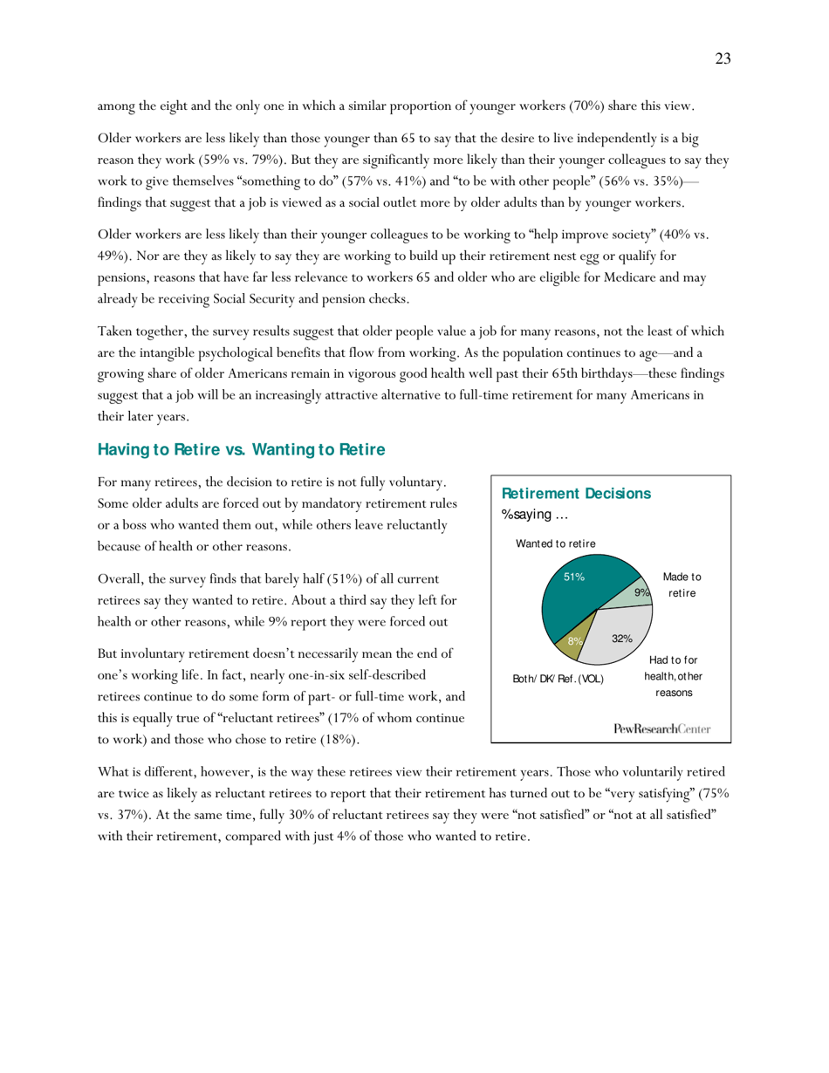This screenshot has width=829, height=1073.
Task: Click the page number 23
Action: (723, 59)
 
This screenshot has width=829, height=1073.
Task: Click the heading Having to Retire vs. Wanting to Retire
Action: (241, 450)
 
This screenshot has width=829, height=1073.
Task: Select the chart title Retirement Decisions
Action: (576, 494)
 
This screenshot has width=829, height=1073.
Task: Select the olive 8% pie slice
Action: (569, 646)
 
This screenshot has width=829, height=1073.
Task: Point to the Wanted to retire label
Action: (555, 543)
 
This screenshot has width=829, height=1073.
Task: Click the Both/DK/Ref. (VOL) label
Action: (557, 678)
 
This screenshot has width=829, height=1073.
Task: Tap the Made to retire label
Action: (682, 584)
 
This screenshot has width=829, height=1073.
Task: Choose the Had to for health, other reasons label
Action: (673, 676)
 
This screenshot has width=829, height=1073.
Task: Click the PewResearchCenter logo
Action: (661, 727)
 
